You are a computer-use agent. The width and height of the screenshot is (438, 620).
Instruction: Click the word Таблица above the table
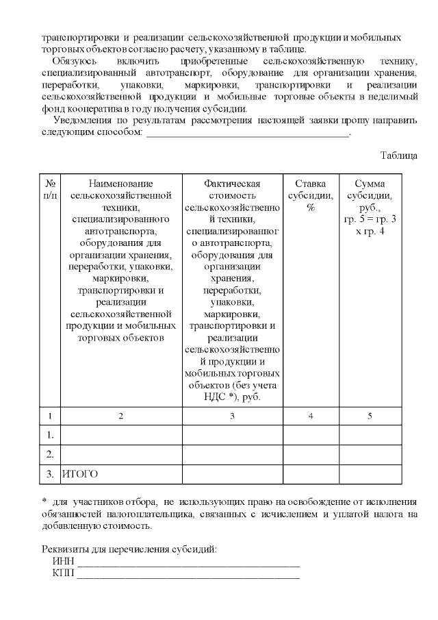click(398, 156)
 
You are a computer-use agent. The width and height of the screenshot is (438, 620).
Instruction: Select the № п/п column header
click(50, 190)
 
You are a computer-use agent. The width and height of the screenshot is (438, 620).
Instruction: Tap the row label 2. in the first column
click(50, 454)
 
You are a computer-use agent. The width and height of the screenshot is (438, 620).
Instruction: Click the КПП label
click(63, 573)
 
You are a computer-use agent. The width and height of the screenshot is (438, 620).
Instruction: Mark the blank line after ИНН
click(188, 563)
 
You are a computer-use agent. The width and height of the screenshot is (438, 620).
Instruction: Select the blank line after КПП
click(188, 575)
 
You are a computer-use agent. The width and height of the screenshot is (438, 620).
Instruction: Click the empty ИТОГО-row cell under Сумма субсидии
click(370, 473)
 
